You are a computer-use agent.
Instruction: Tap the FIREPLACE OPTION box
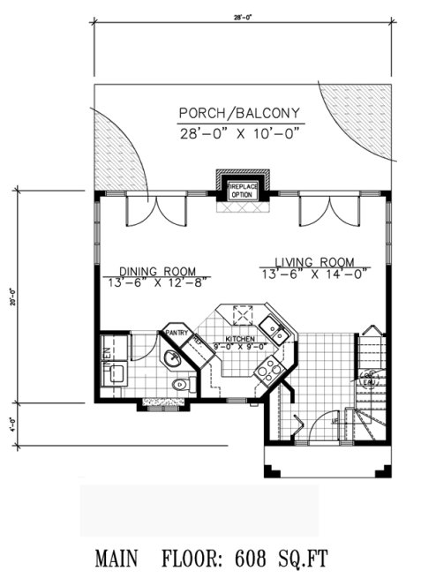pyautogui.click(x=242, y=191)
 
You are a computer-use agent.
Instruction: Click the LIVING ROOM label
pyautogui.click(x=314, y=262)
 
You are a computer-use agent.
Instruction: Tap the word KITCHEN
pyautogui.click(x=239, y=339)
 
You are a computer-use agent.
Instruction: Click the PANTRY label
pyautogui.click(x=174, y=333)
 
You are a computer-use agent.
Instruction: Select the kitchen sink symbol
pyautogui.click(x=277, y=333)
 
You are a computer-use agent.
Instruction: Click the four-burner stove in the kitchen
pyautogui.click(x=266, y=372)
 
